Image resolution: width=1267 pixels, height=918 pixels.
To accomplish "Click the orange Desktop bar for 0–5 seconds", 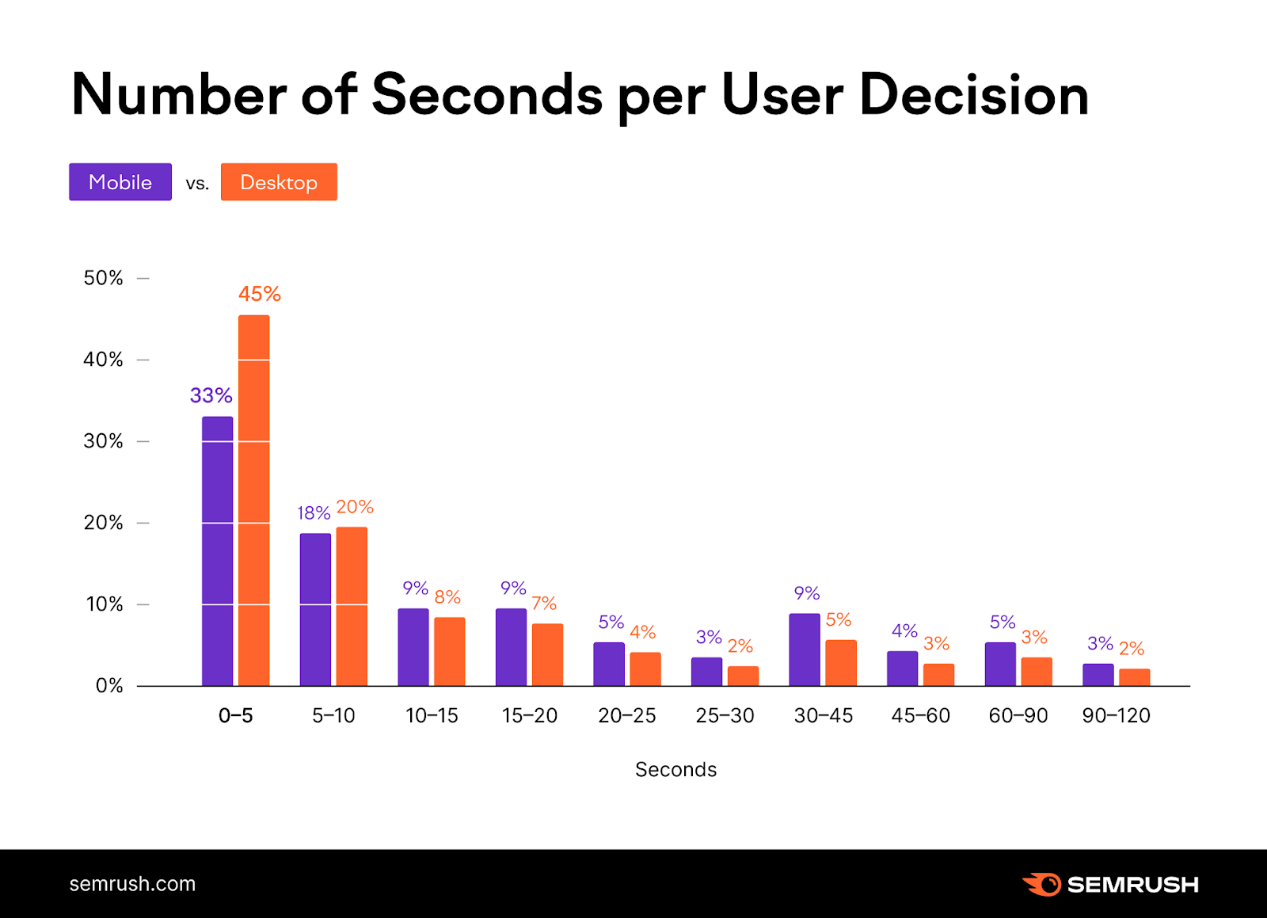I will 253,501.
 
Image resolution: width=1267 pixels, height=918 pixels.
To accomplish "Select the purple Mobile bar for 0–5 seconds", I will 217,551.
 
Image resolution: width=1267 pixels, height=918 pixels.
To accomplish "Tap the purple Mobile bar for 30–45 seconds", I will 804,649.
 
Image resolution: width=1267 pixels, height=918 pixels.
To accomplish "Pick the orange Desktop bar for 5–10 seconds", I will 352,607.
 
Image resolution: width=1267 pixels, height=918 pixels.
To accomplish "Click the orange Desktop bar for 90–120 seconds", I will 1134,677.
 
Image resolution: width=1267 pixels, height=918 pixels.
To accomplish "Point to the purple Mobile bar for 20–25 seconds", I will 608,664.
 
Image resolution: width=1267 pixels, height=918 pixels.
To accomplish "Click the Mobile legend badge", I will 120,182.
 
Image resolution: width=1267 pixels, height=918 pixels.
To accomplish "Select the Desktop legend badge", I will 279,182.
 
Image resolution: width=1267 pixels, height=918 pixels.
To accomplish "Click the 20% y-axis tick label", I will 104,523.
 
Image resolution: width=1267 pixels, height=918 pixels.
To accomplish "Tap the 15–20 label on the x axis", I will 529,715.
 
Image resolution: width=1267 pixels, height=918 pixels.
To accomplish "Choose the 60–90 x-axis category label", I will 1018,715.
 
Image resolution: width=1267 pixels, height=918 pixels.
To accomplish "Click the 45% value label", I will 260,294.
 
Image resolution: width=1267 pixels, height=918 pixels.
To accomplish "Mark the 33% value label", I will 211,395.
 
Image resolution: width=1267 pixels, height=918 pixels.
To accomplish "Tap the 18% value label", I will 314,513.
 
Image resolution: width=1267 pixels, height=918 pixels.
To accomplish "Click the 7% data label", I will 544,604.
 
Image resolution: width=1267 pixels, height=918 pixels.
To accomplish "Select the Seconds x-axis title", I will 675,769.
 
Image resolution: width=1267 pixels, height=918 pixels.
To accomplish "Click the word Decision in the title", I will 973,95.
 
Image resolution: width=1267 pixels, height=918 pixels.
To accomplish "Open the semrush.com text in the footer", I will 132,884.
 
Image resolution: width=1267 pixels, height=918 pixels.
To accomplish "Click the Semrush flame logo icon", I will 1043,884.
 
